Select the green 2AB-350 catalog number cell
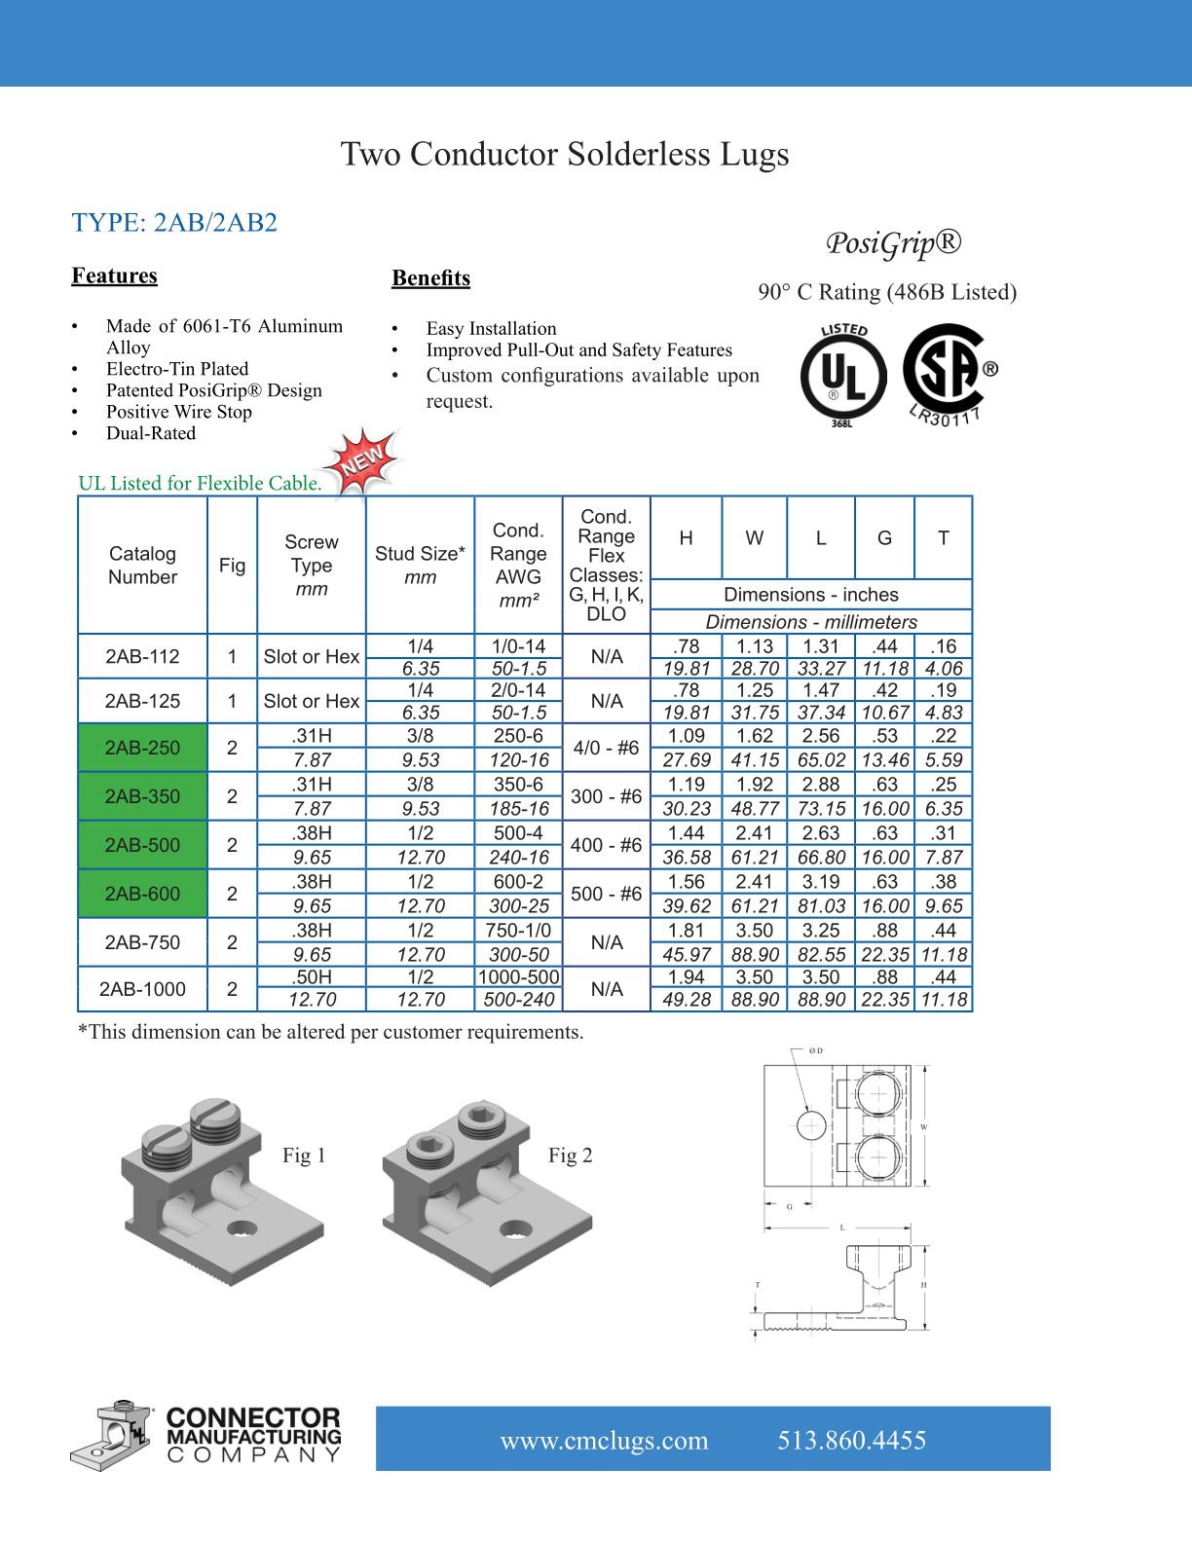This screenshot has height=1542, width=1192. (143, 796)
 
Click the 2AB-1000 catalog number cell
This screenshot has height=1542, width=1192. (143, 989)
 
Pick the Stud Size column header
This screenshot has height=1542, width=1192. (420, 565)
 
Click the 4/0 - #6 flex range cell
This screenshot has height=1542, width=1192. (606, 748)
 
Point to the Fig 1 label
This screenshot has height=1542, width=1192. (304, 1156)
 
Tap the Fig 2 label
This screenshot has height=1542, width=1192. (570, 1156)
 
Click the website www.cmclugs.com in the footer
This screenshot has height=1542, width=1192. (604, 1441)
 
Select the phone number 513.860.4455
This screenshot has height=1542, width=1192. (851, 1441)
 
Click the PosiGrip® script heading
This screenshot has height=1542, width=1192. (893, 242)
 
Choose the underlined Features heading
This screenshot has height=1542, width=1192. (114, 275)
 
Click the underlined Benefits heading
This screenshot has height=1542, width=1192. (430, 278)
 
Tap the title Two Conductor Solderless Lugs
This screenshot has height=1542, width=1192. (565, 154)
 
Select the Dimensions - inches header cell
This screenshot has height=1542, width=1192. (810, 595)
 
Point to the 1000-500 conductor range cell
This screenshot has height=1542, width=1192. (519, 977)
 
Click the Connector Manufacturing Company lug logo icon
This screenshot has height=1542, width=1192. (110, 1436)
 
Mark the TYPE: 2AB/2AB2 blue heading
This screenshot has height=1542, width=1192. (174, 223)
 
